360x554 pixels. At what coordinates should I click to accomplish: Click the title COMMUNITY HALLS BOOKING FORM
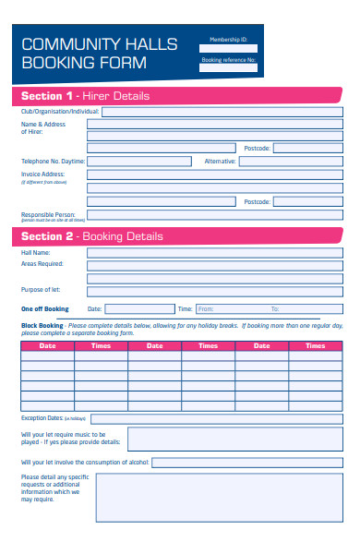84,54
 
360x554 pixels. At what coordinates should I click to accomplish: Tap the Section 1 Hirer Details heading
85,96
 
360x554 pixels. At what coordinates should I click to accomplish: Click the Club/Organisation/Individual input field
222,112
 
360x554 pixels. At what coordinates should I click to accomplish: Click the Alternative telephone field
291,161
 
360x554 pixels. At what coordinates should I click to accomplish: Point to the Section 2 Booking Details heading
91,236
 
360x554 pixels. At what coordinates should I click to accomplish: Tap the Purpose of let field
214,290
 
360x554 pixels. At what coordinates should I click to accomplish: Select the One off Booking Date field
138,309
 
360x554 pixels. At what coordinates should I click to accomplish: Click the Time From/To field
269,309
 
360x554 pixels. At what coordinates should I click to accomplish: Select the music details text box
234,439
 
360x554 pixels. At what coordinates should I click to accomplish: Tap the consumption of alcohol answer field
246,463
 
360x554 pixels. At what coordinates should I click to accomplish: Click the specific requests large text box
219,497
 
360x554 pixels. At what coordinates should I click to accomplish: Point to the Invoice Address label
42,174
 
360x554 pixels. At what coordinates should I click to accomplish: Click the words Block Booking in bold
42,326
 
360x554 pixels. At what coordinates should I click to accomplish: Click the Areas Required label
42,264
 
